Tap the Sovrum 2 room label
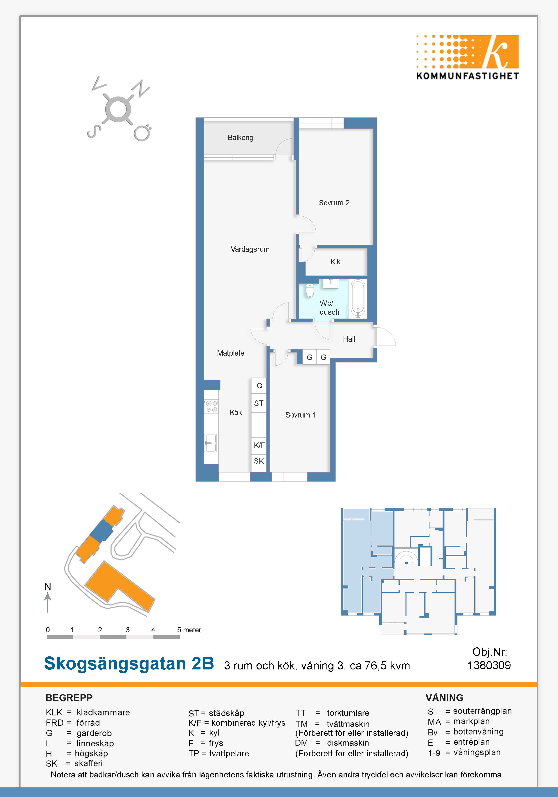334,203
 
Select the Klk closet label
335,262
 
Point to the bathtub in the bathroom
358,299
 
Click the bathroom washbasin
331,283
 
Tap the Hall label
349,339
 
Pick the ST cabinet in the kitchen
259,403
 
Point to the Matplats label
231,353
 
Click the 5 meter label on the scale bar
189,630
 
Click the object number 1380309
489,665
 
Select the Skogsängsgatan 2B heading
129,663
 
